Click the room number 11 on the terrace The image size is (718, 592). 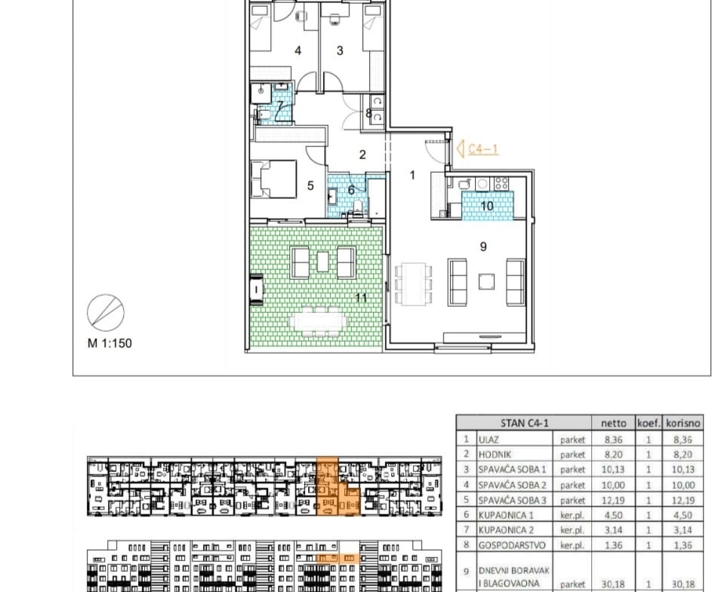362,299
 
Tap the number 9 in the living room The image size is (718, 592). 483,247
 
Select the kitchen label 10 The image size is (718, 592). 487,206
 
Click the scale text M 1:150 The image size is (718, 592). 109,343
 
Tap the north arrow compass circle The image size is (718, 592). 106,313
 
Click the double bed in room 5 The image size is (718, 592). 273,179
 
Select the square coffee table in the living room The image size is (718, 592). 486,282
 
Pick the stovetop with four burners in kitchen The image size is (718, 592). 501,183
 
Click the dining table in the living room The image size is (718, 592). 414,284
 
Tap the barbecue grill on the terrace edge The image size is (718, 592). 257,289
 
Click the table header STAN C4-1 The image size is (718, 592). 524,423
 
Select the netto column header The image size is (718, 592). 613,423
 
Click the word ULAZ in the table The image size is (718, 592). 488,440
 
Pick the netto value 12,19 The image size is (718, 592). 613,501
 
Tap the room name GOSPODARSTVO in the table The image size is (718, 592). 512,545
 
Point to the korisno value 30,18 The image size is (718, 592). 683,584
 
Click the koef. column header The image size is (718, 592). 649,423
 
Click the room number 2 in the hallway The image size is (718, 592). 362,155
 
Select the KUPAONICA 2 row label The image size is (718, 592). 506,530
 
